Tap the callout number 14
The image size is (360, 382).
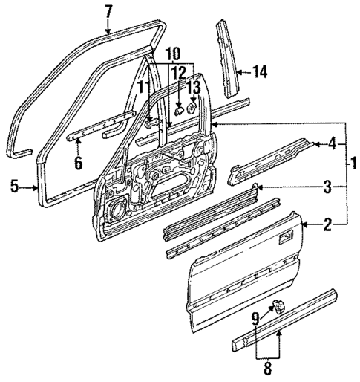click(x=260, y=72)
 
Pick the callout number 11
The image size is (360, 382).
click(x=143, y=87)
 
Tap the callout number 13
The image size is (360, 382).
click(x=194, y=88)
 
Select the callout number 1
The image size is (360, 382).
click(x=353, y=162)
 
